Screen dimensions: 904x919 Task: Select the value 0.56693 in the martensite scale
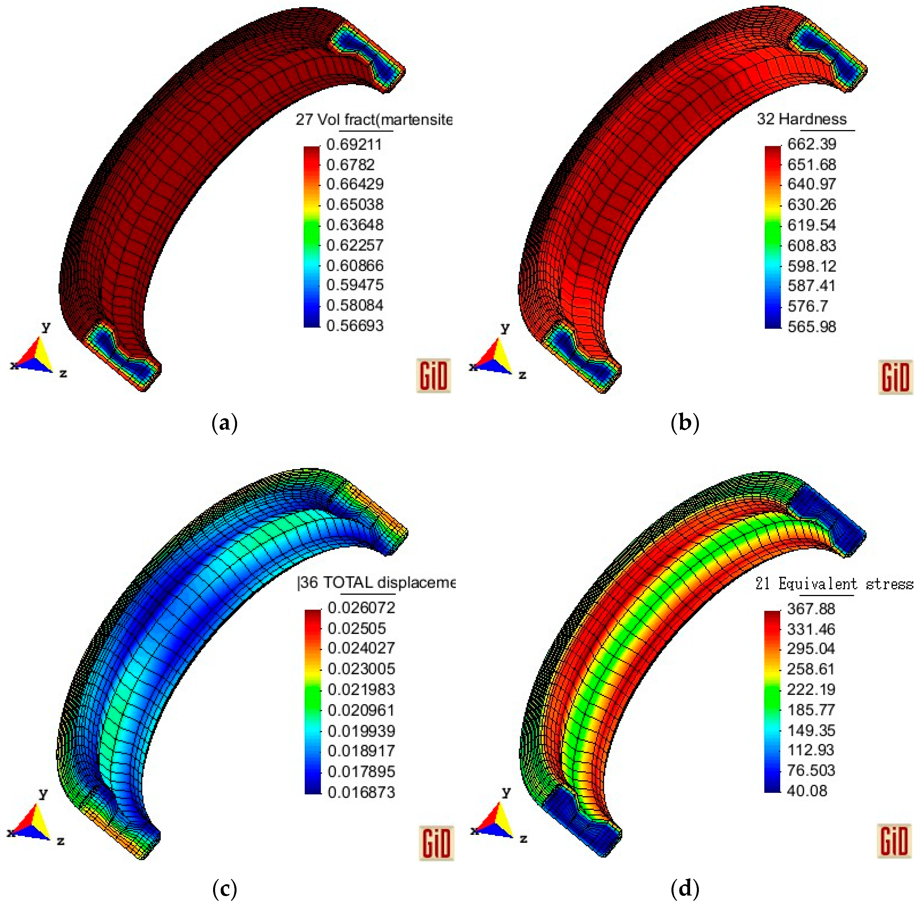pyautogui.click(x=355, y=326)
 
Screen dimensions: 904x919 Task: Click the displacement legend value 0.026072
pyautogui.click(x=361, y=608)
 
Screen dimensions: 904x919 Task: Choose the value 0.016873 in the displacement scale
pyautogui.click(x=361, y=792)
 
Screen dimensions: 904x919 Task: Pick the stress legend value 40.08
pyautogui.click(x=807, y=791)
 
